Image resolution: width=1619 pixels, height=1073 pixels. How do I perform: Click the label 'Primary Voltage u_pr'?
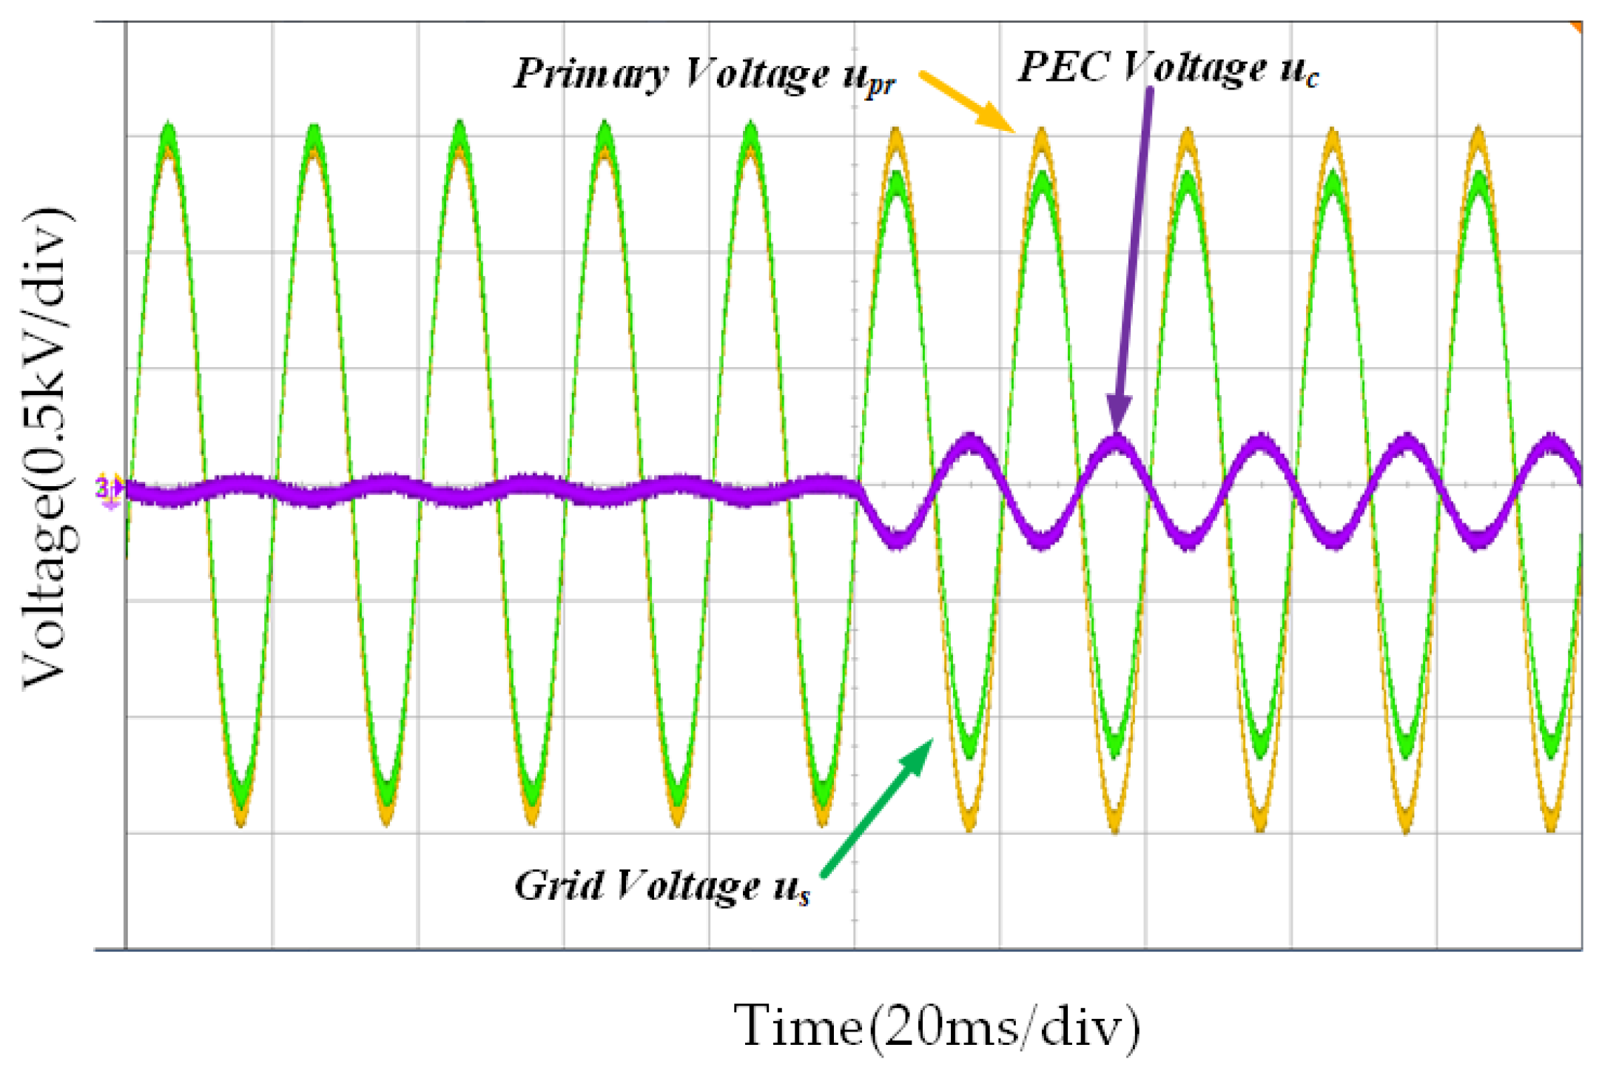pos(704,75)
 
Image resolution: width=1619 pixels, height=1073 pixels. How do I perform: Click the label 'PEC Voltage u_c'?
pos(1168,69)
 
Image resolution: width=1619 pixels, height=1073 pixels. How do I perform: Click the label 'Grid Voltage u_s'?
pos(662,886)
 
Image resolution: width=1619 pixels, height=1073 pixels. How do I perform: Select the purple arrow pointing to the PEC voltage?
pos(1133,259)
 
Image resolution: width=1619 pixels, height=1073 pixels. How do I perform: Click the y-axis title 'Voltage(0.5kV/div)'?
pos(48,448)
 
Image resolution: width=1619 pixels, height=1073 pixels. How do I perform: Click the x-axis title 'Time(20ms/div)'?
pos(937,1026)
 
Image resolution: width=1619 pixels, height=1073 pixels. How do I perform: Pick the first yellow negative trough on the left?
pos(240,818)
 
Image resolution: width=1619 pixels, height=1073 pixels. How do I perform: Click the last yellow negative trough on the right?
pos(1552,825)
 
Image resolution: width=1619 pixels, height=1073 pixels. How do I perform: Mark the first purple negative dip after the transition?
pos(897,539)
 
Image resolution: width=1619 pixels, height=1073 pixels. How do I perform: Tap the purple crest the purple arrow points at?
pos(1117,444)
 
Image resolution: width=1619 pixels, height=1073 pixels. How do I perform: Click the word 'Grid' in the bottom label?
pos(559,885)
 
